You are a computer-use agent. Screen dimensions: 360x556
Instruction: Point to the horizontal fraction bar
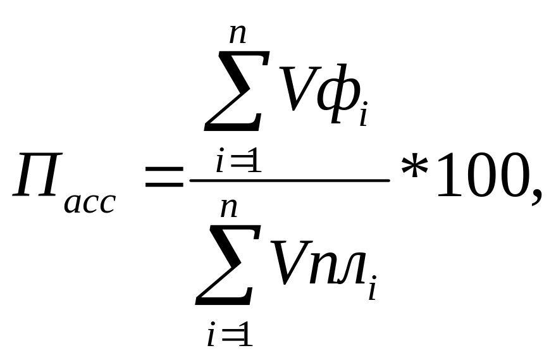290,180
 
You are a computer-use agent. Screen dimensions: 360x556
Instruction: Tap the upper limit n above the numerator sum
237,32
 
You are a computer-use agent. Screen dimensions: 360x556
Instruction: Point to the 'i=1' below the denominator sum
230,333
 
